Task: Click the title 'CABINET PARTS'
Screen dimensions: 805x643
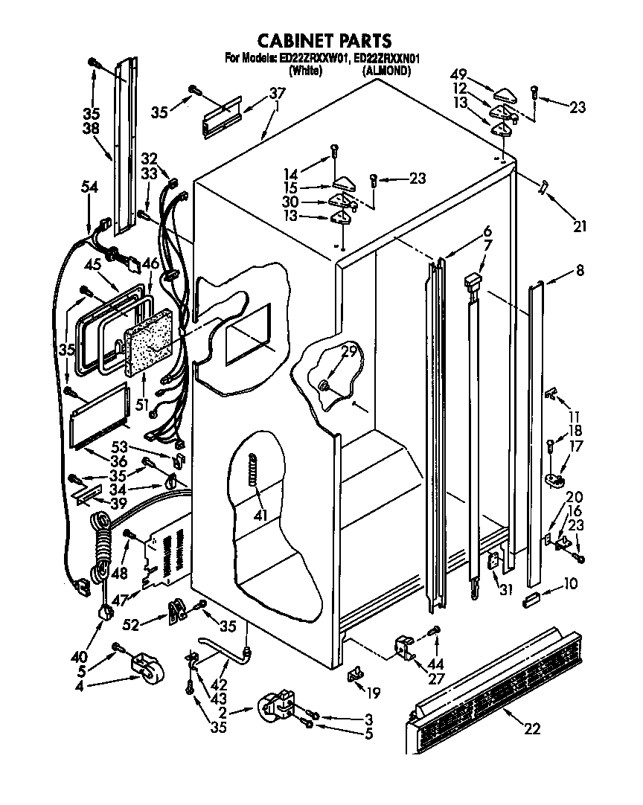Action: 324,39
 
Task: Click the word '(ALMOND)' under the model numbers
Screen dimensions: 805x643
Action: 386,71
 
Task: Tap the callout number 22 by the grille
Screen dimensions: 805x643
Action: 531,728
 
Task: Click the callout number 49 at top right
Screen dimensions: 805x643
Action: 459,75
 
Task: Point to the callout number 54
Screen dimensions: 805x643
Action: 89,189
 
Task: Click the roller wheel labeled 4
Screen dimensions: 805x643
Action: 143,667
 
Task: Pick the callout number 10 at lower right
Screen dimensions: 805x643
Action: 570,584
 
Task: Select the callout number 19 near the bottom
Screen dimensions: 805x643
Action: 373,693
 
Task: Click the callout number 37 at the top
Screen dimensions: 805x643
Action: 276,93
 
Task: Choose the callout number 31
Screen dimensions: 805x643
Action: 507,591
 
